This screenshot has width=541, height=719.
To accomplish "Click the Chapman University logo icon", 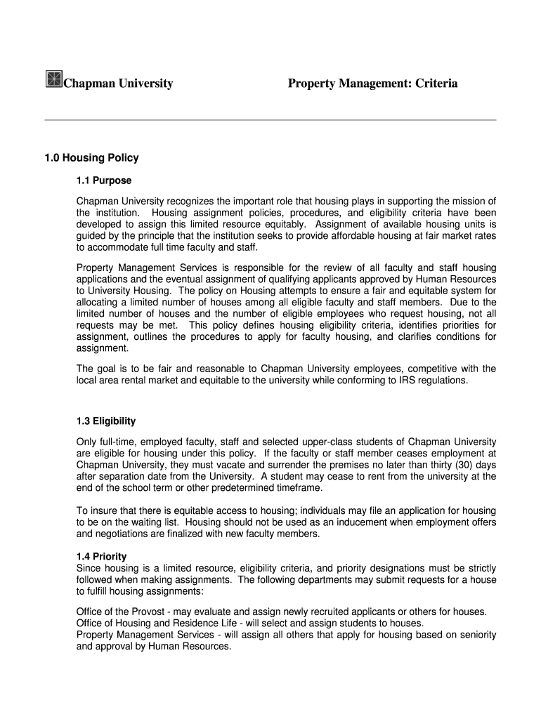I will [53, 79].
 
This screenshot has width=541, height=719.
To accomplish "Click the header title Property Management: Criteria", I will [372, 84].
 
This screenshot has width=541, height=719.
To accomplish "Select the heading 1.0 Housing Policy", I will [91, 158].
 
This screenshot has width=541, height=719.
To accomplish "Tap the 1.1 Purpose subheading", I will [104, 180].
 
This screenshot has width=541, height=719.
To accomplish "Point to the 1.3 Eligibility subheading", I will [106, 421].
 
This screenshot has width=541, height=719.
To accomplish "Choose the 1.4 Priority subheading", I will [101, 556].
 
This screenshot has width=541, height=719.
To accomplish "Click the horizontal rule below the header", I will [270, 120].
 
